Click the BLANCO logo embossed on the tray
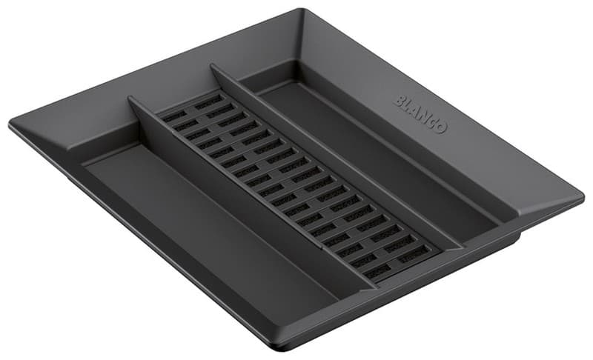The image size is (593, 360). pyautogui.click(x=420, y=113)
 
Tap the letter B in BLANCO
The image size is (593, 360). pyautogui.click(x=399, y=100)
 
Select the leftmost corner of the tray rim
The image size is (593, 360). pyautogui.click(x=10, y=123)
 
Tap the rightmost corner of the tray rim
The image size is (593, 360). pyautogui.click(x=583, y=196)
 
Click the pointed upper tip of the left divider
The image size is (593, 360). pyautogui.click(x=130, y=98)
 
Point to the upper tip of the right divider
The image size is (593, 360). pyautogui.click(x=212, y=65)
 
